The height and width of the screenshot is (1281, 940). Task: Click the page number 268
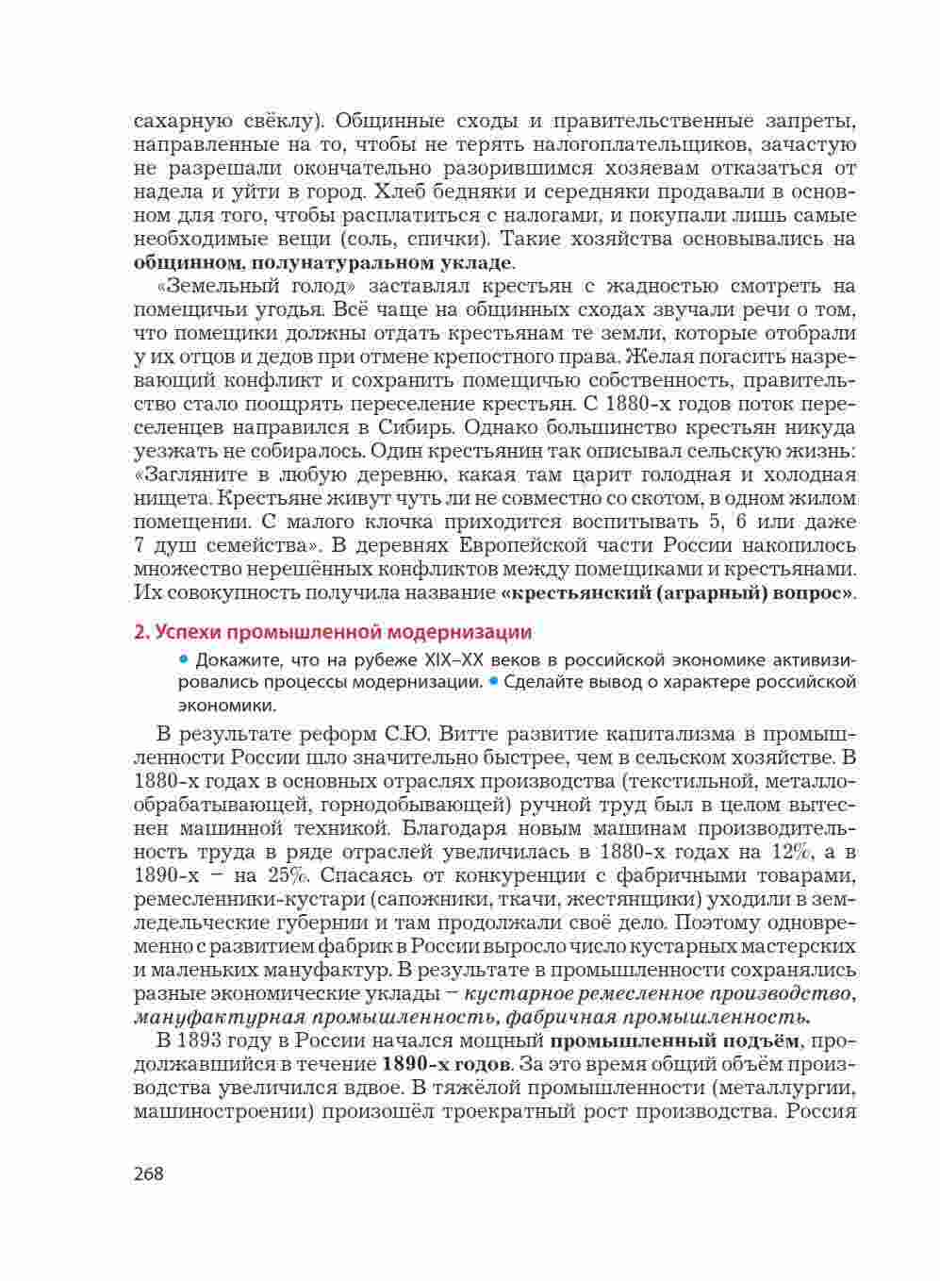149,1173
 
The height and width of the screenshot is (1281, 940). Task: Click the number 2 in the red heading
140,632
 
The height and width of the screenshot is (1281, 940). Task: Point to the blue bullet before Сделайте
493,681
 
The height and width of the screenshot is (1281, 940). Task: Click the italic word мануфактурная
220,1017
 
